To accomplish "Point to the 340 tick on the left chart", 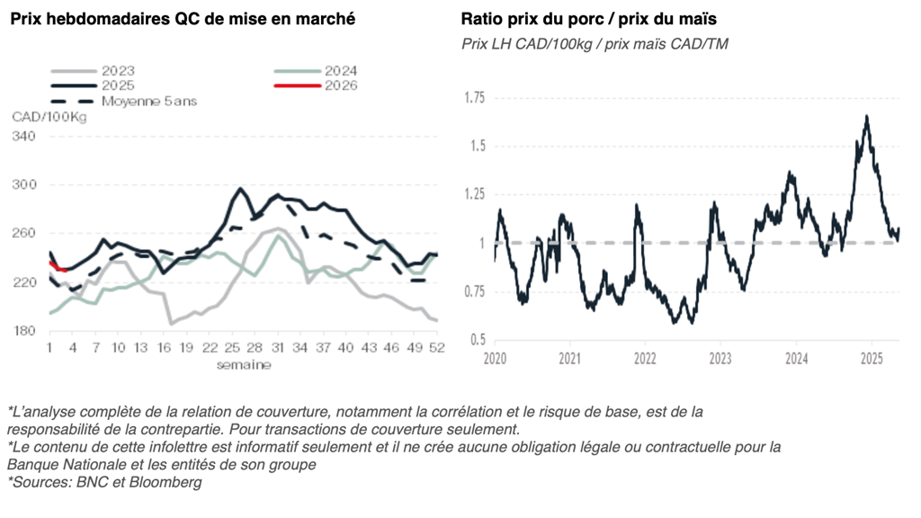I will point(24,137).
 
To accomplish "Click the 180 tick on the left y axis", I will point(24,331).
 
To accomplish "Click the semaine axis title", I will point(243,365).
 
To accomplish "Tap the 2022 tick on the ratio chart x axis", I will point(645,358).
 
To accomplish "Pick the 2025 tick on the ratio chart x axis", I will point(870,358).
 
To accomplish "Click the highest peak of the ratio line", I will point(866,116).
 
